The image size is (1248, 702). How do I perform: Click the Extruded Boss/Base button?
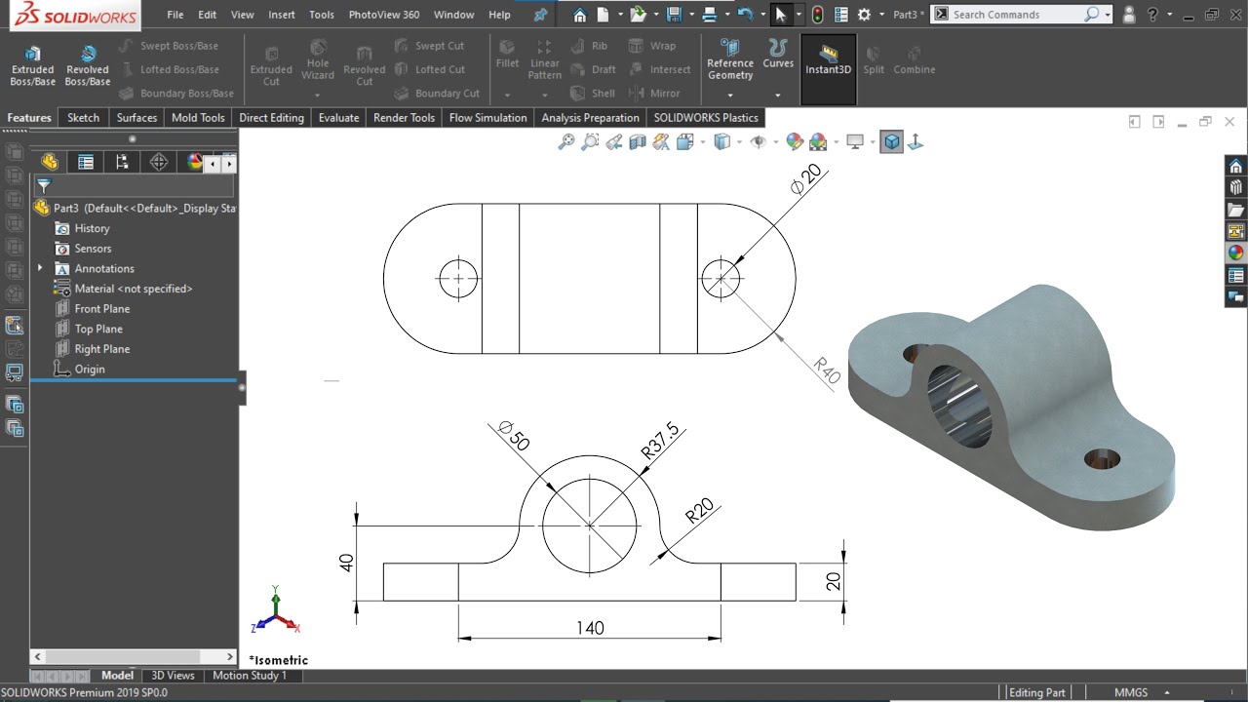click(32, 64)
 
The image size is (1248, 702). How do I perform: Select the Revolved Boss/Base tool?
click(87, 64)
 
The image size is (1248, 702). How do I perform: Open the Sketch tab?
click(83, 118)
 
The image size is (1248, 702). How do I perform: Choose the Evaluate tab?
click(338, 118)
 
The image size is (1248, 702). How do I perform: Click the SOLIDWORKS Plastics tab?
click(705, 118)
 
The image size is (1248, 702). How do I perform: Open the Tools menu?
click(321, 15)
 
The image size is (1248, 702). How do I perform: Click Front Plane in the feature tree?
click(101, 309)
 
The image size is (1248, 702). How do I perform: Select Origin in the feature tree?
click(89, 370)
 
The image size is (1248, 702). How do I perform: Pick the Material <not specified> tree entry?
click(133, 289)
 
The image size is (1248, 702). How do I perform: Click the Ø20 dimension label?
click(806, 179)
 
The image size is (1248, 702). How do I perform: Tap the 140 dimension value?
click(590, 628)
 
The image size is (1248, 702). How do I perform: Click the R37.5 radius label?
click(660, 441)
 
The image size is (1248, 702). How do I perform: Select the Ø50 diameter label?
click(513, 436)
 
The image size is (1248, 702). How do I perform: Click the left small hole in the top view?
click(457, 278)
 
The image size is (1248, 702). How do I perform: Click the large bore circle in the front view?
click(590, 526)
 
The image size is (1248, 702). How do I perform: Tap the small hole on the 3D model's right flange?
click(1102, 458)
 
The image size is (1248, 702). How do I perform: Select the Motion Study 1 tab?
click(250, 676)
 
